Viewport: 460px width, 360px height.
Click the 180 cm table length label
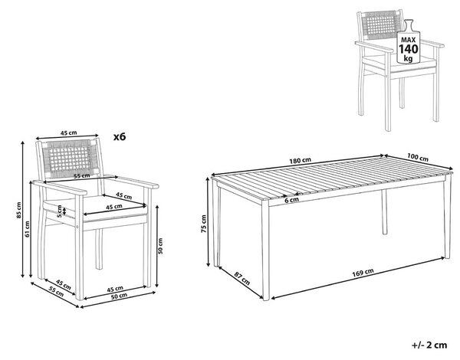click(300, 160)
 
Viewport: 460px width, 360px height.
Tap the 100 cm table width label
click(418, 158)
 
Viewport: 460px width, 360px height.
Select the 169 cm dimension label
click(363, 273)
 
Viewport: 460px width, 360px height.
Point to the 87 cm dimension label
click(242, 278)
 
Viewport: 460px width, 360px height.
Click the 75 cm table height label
click(204, 224)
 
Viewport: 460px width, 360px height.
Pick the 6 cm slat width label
click(291, 200)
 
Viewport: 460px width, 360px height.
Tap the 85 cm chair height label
click(18, 210)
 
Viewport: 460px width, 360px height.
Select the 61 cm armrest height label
click(28, 229)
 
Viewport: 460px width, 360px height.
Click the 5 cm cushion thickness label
click(60, 211)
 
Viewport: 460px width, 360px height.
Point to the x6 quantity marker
click(120, 136)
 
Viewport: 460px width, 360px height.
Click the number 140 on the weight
click(409, 49)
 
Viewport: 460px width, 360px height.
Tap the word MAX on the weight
click(409, 40)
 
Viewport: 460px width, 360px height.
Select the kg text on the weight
click(408, 58)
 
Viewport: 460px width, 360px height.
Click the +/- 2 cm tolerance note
click(429, 345)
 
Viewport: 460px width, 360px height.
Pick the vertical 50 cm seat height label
click(160, 246)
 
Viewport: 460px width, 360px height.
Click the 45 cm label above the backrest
click(69, 133)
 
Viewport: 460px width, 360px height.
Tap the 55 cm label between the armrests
click(82, 176)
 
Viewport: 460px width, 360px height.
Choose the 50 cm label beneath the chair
click(119, 296)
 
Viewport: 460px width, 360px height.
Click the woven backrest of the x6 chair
click(70, 159)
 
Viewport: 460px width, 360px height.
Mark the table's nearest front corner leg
click(265, 249)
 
